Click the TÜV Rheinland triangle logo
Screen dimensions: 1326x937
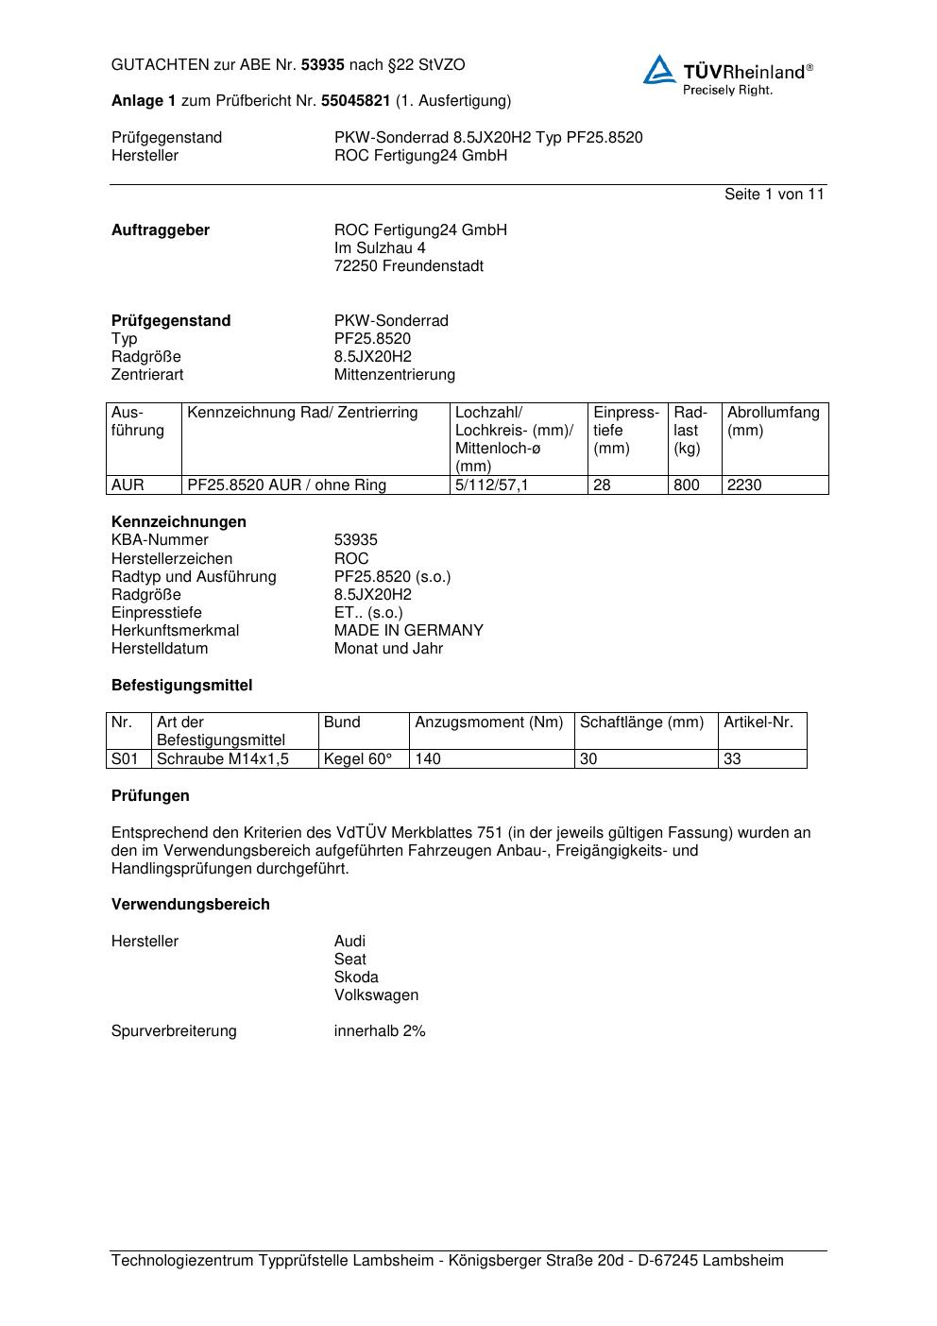click(x=659, y=71)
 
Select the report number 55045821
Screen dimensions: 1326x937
click(x=356, y=101)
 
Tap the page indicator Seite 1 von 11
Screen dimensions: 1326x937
click(x=774, y=195)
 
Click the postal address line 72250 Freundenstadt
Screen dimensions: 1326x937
click(x=408, y=266)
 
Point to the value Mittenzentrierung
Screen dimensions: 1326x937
click(x=394, y=375)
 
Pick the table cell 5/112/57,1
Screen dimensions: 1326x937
click(x=492, y=485)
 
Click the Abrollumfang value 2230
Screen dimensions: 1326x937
click(x=744, y=485)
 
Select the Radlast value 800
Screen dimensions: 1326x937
click(x=687, y=485)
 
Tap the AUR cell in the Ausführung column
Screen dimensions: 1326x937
click(x=128, y=485)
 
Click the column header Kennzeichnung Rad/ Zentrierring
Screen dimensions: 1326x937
click(x=302, y=413)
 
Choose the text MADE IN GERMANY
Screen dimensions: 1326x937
click(x=408, y=631)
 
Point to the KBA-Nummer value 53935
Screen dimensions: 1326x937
click(x=355, y=540)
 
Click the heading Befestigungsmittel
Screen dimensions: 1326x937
click(x=181, y=686)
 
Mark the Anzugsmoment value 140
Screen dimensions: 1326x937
click(x=428, y=759)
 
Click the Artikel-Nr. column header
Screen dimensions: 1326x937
click(x=758, y=722)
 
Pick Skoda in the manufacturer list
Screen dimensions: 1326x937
click(x=356, y=977)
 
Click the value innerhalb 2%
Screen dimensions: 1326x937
click(x=380, y=1031)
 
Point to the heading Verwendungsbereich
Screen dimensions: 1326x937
click(x=191, y=905)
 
